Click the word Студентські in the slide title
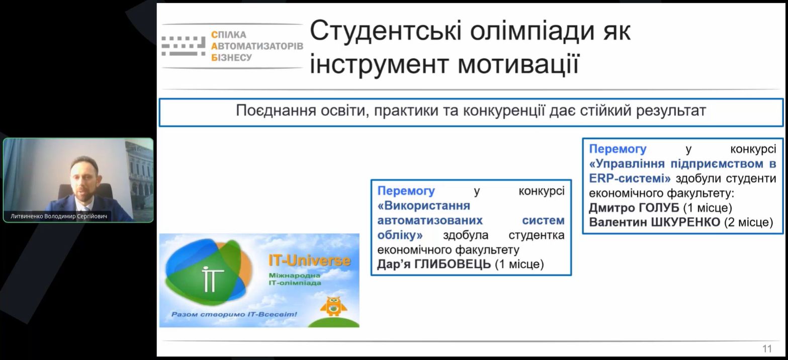point(386,32)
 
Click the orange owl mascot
point(333,306)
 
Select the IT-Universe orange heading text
point(310,260)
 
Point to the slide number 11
point(767,349)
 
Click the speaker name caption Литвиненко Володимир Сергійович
point(59,216)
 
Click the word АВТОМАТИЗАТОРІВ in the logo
point(257,46)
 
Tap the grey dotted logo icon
point(183,46)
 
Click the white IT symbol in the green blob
point(213,279)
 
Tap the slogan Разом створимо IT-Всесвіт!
point(234,314)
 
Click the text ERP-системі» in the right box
point(630,178)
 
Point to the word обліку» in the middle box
point(400,235)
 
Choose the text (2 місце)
point(748,222)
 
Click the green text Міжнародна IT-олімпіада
point(295,279)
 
